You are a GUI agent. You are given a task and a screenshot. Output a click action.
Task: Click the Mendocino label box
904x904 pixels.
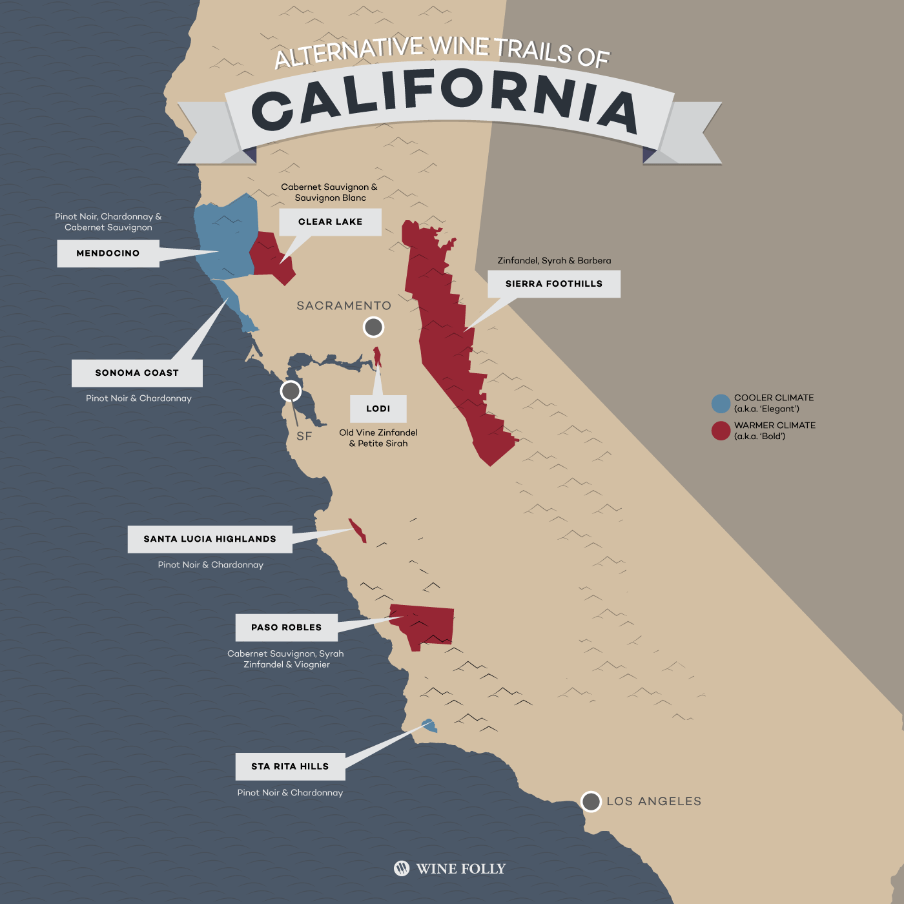tap(108, 253)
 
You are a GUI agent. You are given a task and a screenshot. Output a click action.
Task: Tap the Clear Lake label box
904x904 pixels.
tap(330, 221)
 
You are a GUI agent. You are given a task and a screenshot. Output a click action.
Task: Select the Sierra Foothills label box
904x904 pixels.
tap(553, 283)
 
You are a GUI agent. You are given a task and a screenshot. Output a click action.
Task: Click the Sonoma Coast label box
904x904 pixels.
tap(137, 373)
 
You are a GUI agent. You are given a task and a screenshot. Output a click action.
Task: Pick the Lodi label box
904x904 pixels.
tap(378, 409)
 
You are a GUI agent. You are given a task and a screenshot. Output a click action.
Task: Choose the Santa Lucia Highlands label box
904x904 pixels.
tap(210, 539)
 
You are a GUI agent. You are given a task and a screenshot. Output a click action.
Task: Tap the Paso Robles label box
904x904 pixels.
tap(286, 627)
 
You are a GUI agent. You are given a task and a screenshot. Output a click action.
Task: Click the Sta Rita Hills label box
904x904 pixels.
tap(290, 766)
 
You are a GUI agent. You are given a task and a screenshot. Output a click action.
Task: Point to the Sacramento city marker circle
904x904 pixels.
tap(373, 327)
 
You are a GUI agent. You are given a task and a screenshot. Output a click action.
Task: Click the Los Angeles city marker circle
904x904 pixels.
tap(591, 801)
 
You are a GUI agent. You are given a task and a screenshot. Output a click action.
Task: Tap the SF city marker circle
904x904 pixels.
tap(291, 391)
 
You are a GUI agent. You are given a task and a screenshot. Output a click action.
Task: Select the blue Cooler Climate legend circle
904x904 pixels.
tap(721, 404)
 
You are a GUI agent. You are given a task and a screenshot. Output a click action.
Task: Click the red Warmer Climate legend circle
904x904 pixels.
tap(721, 431)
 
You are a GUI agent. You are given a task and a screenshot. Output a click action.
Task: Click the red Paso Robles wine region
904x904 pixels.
tap(426, 623)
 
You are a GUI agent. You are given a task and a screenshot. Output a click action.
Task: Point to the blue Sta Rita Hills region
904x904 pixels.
tap(429, 726)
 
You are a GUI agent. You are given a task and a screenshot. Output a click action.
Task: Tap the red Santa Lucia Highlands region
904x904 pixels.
tap(357, 529)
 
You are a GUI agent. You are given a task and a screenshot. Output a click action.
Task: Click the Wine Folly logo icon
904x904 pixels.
tap(402, 868)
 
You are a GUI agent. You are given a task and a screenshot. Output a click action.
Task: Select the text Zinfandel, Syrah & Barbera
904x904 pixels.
tap(554, 261)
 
